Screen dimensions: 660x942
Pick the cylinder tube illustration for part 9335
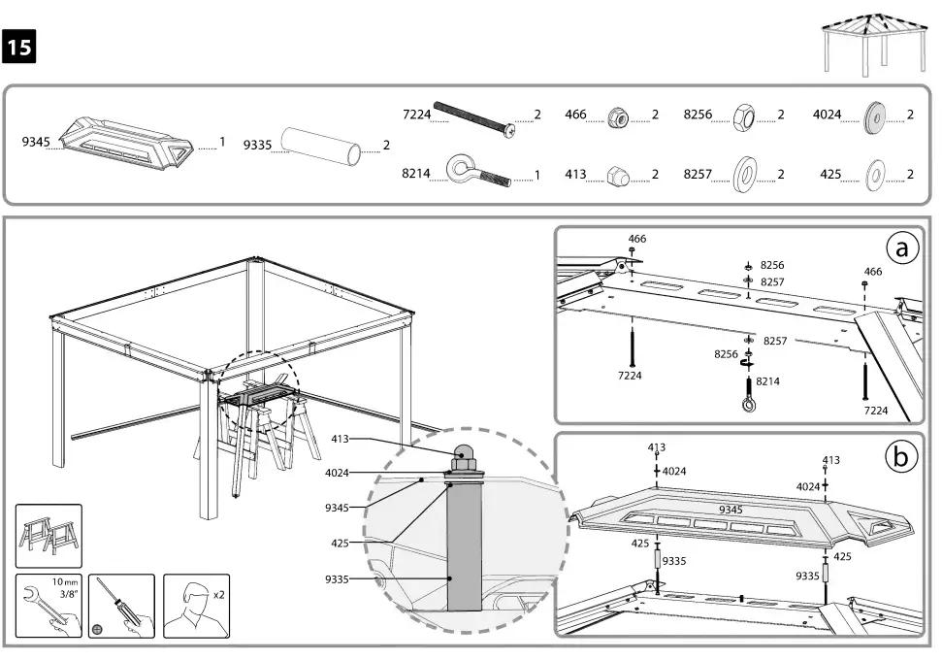coord(320,145)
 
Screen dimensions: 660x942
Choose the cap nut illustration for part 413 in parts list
coord(617,175)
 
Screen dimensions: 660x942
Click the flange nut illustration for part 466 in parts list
coord(617,116)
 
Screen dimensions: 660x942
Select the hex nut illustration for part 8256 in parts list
coord(745,115)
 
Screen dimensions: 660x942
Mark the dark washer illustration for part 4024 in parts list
coord(874,115)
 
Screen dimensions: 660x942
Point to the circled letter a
coord(901,249)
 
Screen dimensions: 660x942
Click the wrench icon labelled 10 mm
coord(49,606)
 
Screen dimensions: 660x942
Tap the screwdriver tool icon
coord(120,606)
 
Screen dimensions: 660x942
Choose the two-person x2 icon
coord(196,606)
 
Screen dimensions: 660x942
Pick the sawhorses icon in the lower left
coord(49,536)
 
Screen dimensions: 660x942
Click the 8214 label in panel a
coord(767,381)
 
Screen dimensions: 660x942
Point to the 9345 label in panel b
coord(731,510)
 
